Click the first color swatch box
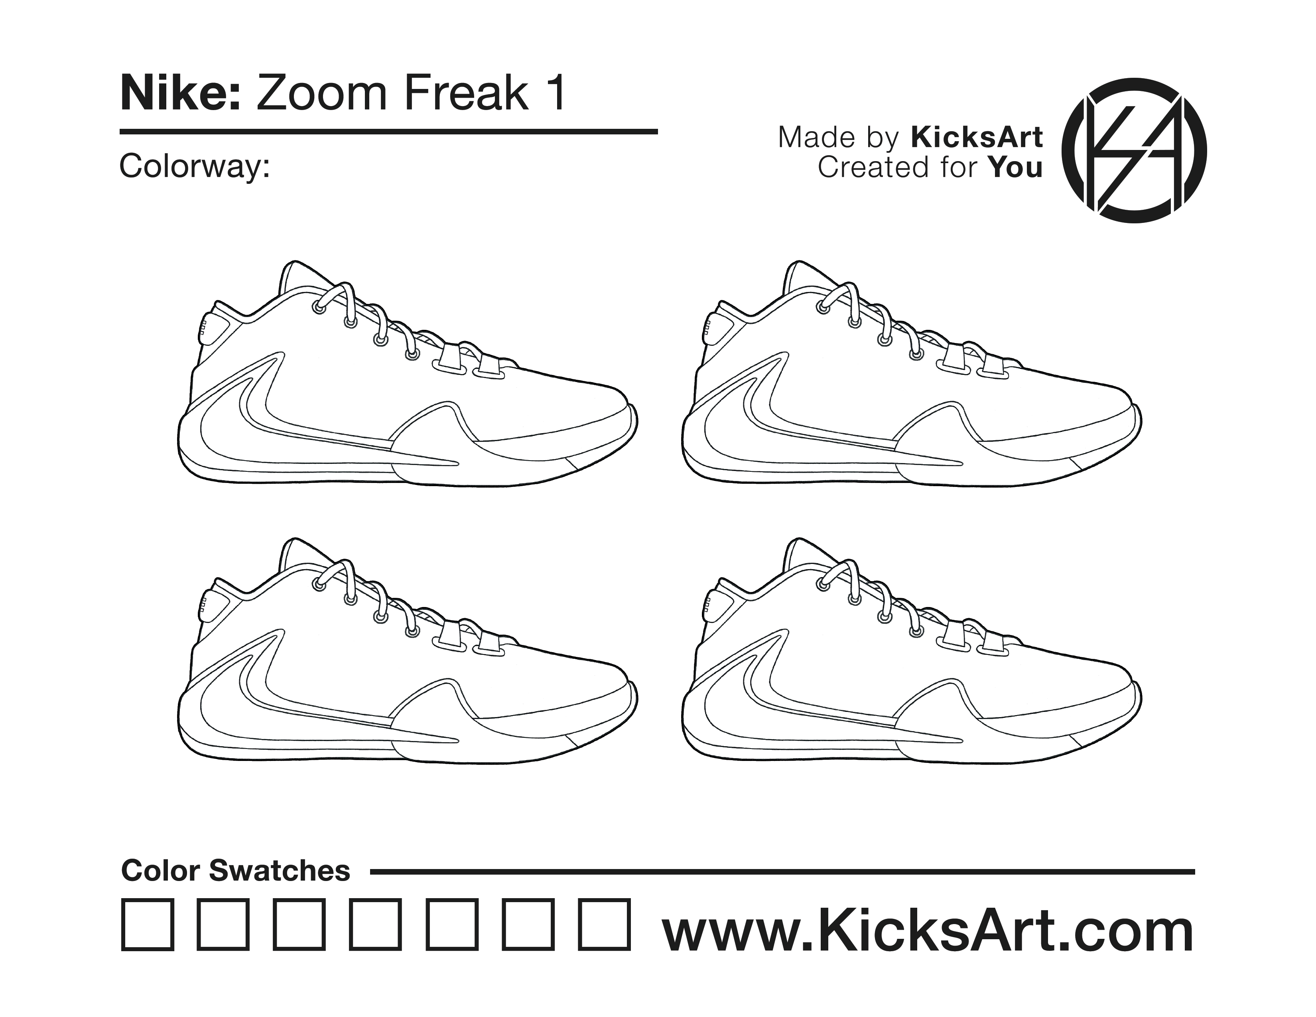(x=148, y=925)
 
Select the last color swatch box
(x=605, y=925)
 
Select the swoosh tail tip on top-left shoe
(x=457, y=463)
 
